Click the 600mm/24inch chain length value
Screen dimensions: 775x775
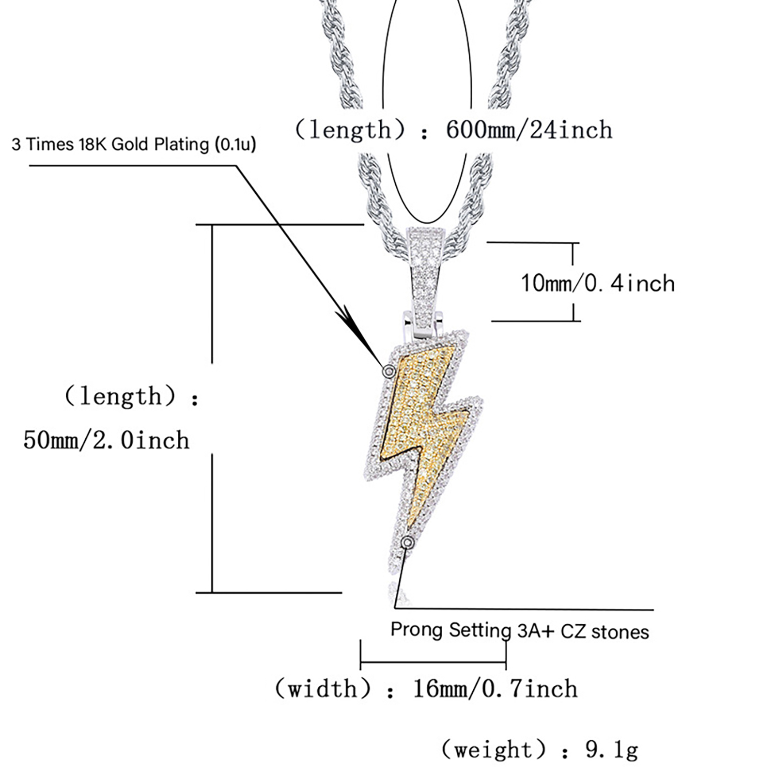[529, 130]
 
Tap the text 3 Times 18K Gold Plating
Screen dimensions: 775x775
[110, 144]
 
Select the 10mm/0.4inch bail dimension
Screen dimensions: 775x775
[598, 283]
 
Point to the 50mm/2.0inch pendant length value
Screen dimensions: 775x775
[106, 440]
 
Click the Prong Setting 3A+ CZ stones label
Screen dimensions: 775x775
[520, 631]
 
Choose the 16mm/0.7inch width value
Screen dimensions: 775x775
[495, 689]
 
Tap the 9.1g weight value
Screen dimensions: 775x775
[612, 750]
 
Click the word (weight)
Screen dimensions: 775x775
[494, 750]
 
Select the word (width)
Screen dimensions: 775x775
[323, 689]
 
